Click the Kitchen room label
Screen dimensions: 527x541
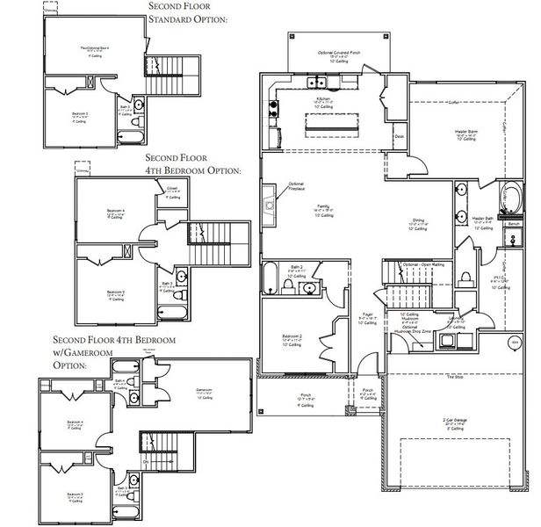click(x=322, y=100)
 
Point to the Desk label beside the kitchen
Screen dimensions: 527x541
click(x=399, y=136)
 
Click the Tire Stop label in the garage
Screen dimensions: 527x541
click(x=454, y=376)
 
